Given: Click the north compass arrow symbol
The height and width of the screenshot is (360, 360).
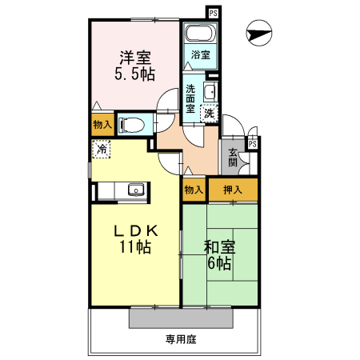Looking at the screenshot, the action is [259, 33].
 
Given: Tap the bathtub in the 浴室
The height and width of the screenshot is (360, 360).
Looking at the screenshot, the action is [200, 34].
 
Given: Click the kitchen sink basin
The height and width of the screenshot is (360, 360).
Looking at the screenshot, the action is [136, 190].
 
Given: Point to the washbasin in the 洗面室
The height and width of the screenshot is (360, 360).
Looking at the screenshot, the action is [210, 91].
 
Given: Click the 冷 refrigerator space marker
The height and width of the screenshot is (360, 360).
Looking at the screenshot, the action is [102, 149].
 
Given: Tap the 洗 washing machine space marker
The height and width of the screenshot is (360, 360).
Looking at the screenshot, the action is [210, 114].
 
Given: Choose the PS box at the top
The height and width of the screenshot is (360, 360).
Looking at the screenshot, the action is [214, 13].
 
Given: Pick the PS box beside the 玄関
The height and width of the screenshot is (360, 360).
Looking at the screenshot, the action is [253, 144].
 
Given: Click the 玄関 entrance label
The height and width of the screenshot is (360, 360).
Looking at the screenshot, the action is [233, 158].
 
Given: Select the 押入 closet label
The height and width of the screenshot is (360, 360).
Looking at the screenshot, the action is [233, 190].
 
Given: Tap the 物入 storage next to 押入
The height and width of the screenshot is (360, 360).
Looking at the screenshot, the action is [194, 190].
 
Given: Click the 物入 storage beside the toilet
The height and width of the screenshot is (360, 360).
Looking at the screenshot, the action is [102, 125].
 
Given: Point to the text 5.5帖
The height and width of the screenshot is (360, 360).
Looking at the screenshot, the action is [135, 74].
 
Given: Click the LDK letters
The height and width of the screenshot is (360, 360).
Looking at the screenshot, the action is [136, 231].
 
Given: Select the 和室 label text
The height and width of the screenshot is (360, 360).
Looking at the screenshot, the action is [219, 247].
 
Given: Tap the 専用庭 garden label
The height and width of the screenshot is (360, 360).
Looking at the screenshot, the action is [181, 339].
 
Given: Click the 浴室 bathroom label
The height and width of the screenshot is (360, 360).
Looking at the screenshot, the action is [201, 55].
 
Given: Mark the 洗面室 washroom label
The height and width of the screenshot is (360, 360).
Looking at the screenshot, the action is [190, 98].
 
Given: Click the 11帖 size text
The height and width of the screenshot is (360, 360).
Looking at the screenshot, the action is [135, 246].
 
